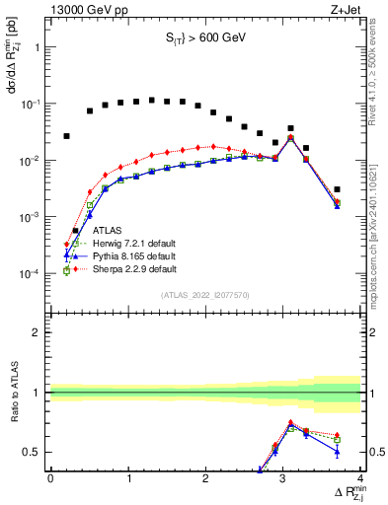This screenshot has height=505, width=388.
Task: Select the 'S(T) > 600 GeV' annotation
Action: pos(205,37)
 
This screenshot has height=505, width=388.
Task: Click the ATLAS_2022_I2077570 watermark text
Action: pos(205,294)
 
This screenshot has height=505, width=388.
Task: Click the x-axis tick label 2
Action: pos(205,478)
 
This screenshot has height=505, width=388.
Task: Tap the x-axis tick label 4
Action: pos(360,478)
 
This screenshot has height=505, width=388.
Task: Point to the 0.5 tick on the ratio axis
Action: pos(35,452)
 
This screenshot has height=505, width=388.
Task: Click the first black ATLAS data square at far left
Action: pos(67,136)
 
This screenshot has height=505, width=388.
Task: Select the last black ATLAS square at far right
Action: pos(337,189)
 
